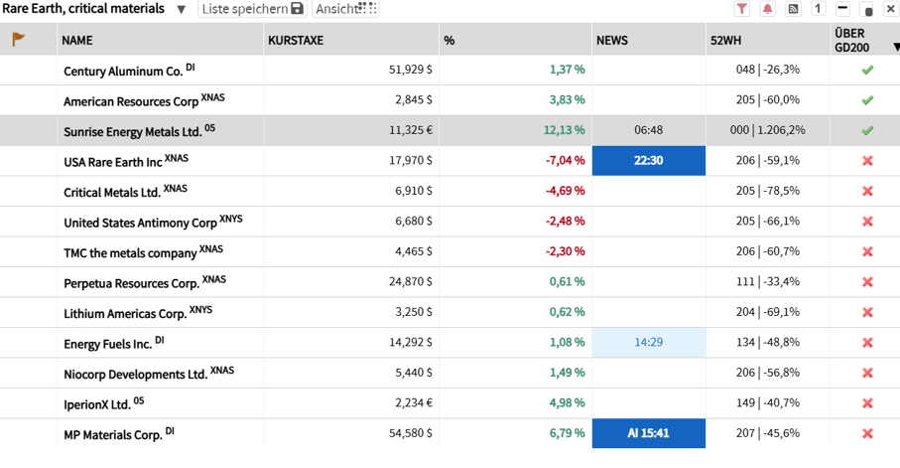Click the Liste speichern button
252,9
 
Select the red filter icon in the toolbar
741,9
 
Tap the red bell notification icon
767,9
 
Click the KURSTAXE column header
296,41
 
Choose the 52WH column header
725,41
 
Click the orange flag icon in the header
19,39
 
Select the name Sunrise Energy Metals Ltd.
133,132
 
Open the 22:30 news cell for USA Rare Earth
649,160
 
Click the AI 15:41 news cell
649,433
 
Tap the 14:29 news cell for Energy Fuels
649,342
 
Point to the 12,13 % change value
565,130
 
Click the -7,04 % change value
566,160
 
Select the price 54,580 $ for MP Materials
411,433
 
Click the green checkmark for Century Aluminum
867,70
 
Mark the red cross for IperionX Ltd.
867,403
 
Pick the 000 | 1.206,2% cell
767,130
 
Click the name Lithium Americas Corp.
125,314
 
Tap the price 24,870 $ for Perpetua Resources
411,282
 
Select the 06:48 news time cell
649,130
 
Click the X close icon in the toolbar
891,9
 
